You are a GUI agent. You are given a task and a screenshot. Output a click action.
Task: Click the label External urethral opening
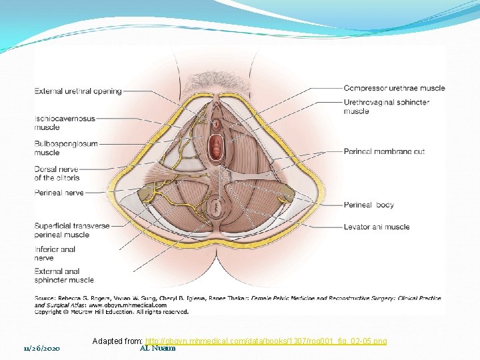(78, 91)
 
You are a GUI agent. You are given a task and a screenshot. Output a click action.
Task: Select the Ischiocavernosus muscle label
(65, 123)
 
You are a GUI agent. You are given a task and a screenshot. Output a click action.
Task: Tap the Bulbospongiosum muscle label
(66, 148)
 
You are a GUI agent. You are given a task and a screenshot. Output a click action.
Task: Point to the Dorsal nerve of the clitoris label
(58, 173)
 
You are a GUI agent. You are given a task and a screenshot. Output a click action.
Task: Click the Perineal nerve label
(59, 192)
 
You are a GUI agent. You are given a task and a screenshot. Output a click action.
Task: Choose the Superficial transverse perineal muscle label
(71, 230)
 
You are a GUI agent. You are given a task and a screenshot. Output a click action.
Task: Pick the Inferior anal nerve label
(55, 253)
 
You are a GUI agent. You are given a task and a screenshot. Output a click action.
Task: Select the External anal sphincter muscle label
(64, 275)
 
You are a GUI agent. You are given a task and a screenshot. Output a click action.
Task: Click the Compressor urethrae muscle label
(394, 88)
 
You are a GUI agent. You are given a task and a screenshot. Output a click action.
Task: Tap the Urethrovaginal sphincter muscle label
(386, 107)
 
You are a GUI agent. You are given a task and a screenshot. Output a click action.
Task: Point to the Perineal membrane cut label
(384, 151)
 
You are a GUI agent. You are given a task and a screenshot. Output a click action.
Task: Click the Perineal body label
(369, 205)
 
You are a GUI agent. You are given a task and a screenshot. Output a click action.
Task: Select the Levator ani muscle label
(376, 227)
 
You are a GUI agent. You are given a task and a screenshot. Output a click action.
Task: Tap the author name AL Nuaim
(158, 348)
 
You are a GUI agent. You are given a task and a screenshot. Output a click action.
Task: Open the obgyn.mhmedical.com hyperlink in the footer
(266, 341)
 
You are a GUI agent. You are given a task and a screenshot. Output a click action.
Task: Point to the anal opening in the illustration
(217, 208)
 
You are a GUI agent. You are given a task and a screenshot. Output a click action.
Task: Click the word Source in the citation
(45, 297)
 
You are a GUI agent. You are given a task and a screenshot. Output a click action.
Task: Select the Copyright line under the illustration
(111, 311)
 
